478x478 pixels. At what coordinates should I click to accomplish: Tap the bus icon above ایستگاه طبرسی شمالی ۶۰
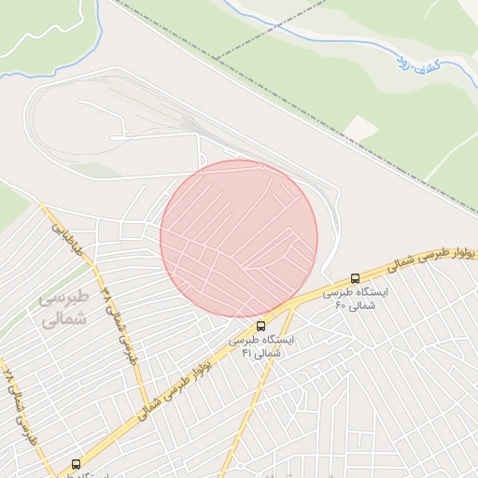tap(355, 278)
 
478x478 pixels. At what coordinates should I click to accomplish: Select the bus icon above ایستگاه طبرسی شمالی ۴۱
tap(260, 326)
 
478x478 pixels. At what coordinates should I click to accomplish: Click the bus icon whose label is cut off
tap(76, 464)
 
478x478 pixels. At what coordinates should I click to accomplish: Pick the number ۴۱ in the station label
tap(247, 354)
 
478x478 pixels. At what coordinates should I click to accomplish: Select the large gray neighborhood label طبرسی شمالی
tap(64, 308)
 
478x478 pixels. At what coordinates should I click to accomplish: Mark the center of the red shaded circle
tap(239, 238)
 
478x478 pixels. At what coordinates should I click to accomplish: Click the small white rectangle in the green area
tap(359, 128)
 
